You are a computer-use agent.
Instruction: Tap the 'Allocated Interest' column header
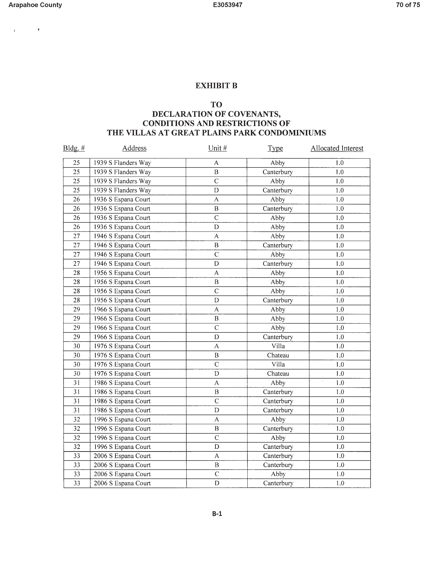click(337, 148)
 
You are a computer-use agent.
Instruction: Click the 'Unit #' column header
click(217, 148)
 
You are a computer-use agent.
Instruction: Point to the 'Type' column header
click(275, 148)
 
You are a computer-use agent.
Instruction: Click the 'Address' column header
click(134, 148)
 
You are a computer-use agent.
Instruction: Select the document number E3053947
click(228, 5)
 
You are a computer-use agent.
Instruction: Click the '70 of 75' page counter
click(408, 5)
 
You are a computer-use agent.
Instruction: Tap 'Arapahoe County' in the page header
click(35, 5)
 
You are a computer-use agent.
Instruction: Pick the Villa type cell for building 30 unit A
click(278, 346)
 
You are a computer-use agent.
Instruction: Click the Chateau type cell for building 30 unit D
click(278, 374)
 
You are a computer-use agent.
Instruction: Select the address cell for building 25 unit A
click(122, 163)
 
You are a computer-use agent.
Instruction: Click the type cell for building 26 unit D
click(278, 227)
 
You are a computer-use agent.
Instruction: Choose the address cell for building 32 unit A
click(122, 420)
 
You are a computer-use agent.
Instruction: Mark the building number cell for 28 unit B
click(77, 282)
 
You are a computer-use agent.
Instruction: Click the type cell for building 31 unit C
click(278, 401)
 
